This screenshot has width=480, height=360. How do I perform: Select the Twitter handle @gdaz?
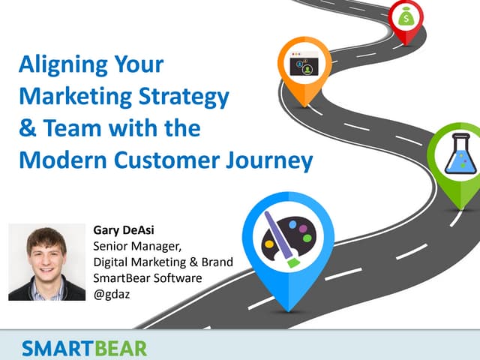tap(111, 293)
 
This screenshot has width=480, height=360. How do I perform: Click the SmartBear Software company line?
tap(147, 277)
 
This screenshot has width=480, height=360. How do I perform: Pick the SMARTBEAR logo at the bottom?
tap(84, 348)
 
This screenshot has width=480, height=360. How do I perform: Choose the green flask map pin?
tap(459, 157)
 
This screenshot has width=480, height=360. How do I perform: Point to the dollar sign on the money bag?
tap(406, 16)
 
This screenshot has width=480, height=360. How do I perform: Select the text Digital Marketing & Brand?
tap(163, 262)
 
